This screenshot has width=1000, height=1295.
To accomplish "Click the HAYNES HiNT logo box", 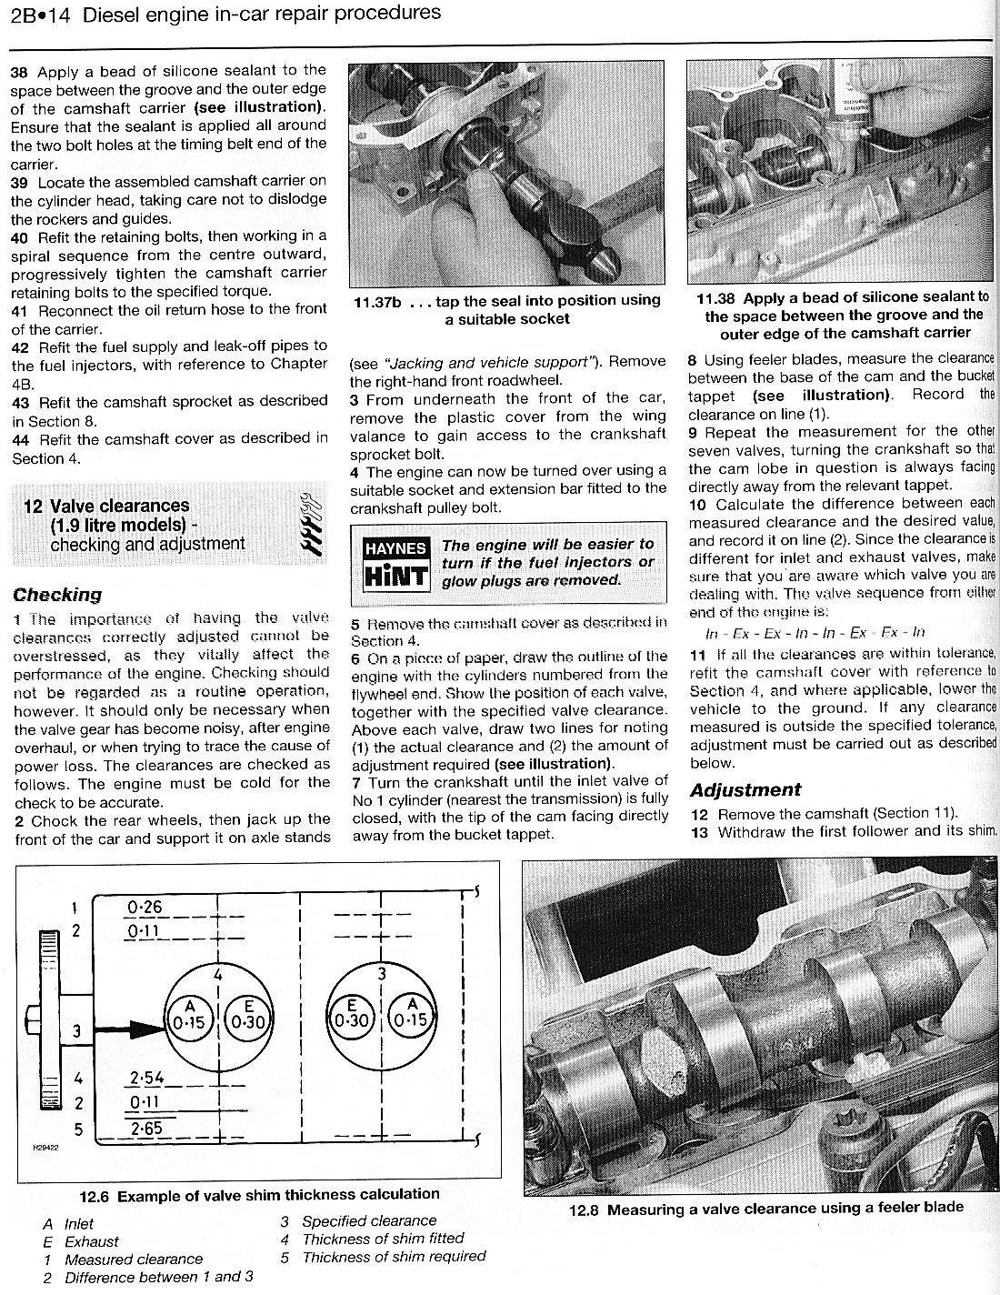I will point(395,564).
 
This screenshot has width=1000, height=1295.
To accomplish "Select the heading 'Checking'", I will point(57,595).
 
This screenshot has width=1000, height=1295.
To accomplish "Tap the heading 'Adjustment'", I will point(745,789).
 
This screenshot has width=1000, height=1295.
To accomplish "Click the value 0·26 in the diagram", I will point(145,907).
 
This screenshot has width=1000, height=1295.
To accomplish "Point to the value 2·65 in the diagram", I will point(145,1129).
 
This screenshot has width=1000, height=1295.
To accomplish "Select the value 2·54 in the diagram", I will point(145,1079).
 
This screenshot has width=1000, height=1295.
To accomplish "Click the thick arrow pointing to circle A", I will point(127,1031).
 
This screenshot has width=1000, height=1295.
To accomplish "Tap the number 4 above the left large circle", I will point(218,974).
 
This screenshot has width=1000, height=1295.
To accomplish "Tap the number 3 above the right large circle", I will point(383,974).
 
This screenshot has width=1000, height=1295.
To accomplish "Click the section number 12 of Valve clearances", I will point(33,507).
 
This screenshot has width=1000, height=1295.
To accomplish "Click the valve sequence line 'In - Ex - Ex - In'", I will point(815,632).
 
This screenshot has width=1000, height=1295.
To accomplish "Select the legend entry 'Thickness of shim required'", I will point(394,1257).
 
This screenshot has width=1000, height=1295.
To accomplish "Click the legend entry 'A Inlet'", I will point(68,1224).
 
